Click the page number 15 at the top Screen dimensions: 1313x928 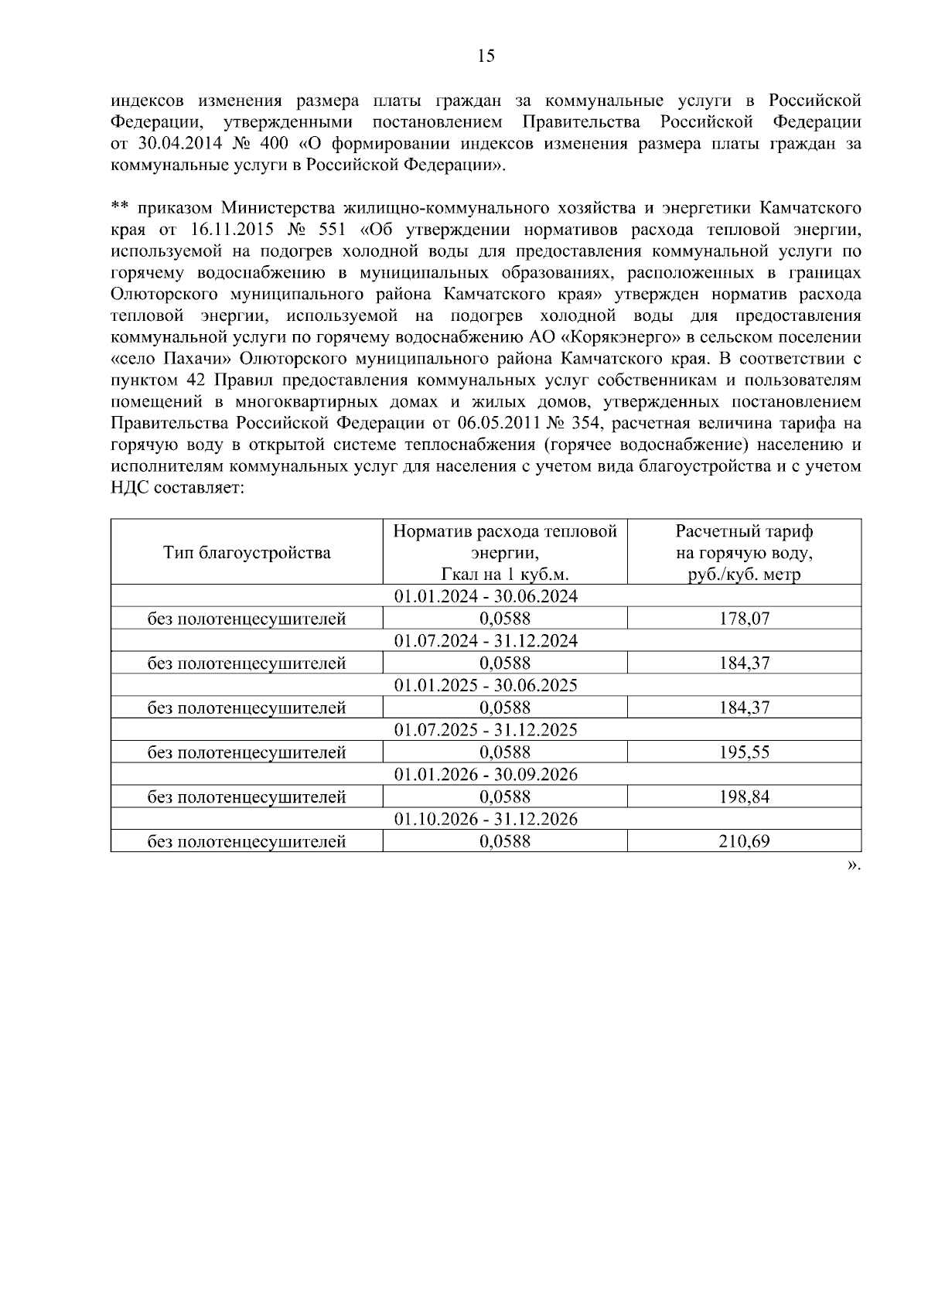[486, 56]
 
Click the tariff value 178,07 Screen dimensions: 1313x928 [744, 619]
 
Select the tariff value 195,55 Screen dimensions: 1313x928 [744, 752]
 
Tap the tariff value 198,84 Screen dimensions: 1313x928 [744, 797]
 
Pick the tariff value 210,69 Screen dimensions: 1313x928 [744, 842]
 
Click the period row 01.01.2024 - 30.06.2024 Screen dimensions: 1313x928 [486, 596]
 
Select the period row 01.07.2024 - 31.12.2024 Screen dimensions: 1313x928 [486, 641]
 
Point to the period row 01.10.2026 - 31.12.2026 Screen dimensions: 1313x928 [486, 820]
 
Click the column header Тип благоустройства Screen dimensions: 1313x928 [247, 552]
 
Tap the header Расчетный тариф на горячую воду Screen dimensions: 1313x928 [744, 552]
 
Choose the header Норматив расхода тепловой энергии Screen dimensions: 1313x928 [505, 552]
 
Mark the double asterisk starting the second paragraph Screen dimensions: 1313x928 [120, 207]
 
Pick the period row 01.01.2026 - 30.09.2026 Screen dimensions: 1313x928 [486, 775]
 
